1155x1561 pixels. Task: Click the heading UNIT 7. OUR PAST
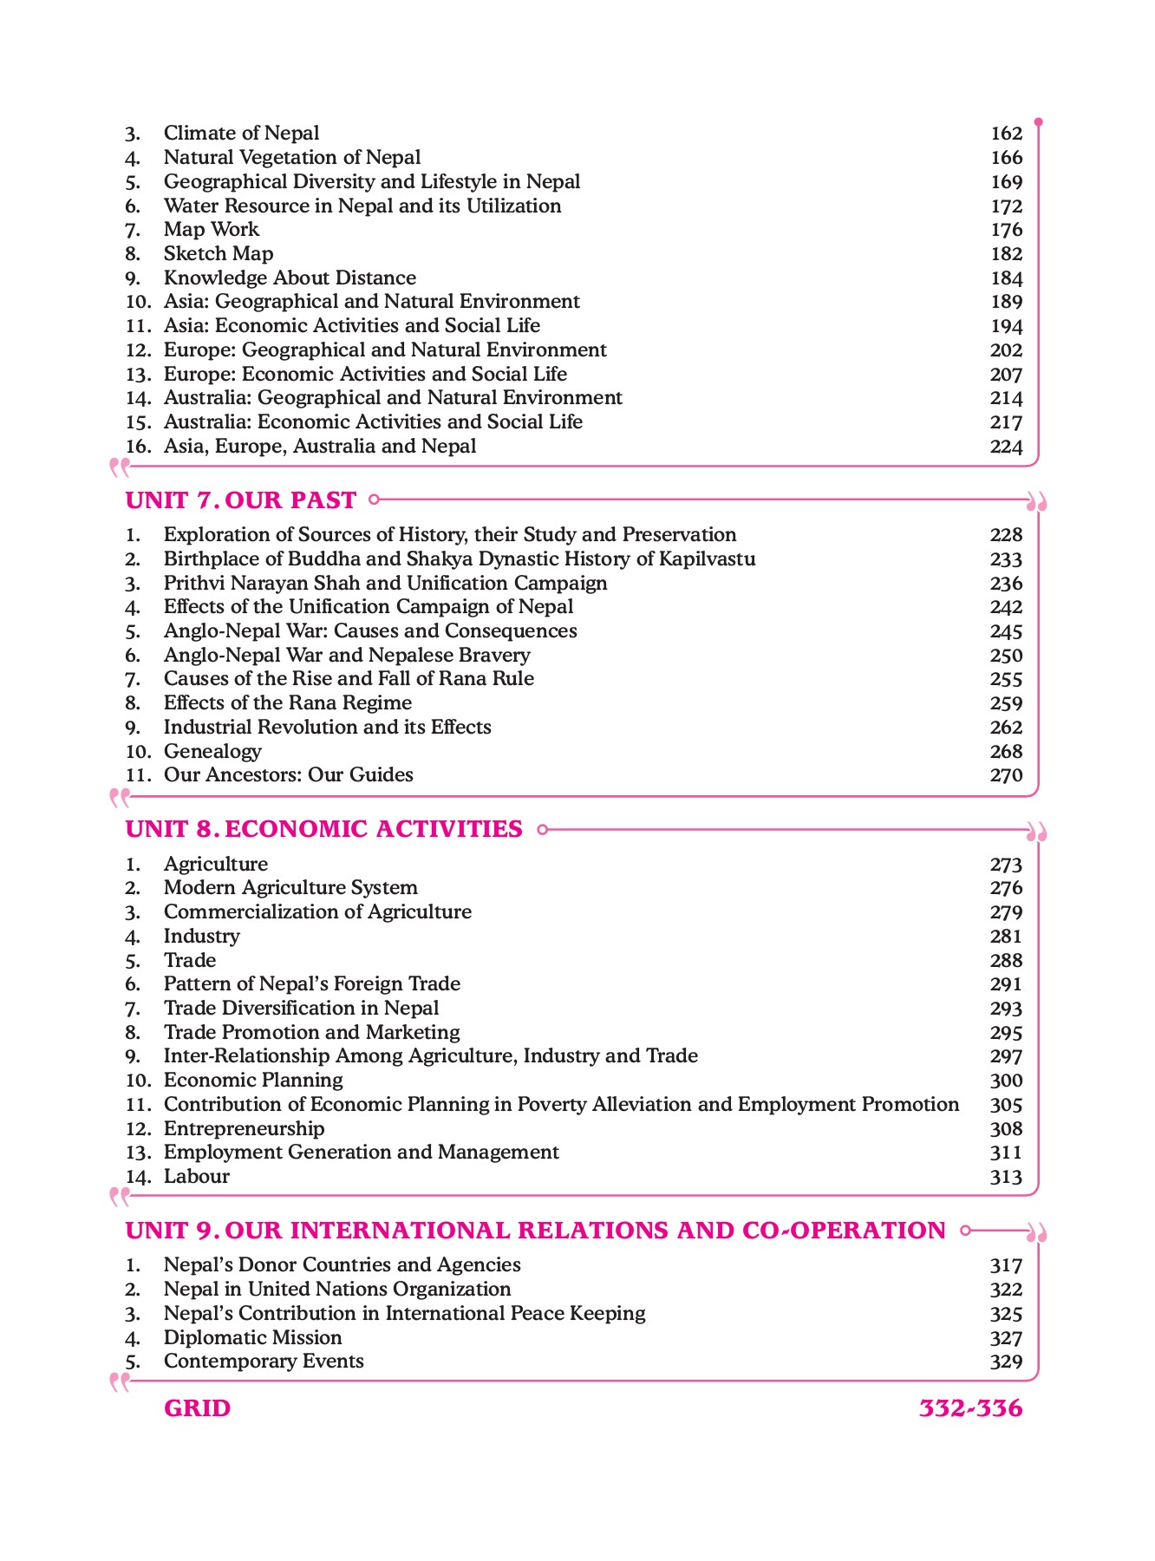click(240, 500)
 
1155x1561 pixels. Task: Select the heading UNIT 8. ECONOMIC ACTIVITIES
click(323, 829)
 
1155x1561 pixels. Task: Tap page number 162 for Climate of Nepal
click(1006, 134)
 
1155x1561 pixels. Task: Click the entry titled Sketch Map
click(218, 254)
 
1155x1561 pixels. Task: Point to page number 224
click(1006, 447)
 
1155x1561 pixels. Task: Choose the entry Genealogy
click(212, 751)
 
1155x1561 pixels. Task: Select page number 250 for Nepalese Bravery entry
click(1006, 656)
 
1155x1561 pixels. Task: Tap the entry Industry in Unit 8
click(201, 937)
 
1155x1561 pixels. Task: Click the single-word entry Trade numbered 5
click(189, 961)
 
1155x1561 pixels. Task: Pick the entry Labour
click(196, 1177)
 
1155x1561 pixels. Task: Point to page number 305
click(1006, 1105)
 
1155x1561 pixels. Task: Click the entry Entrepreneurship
click(244, 1129)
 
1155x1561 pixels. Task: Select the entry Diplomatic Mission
click(252, 1338)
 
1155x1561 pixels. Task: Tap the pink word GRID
click(197, 1408)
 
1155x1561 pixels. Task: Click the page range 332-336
click(970, 1408)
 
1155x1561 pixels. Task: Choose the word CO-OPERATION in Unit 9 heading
click(844, 1231)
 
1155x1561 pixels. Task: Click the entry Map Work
click(211, 230)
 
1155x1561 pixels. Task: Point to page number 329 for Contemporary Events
click(1006, 1362)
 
